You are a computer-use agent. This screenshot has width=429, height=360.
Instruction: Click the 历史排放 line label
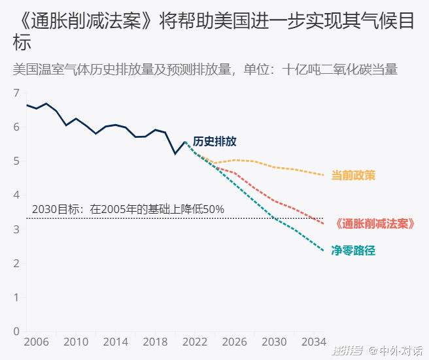tap(214, 142)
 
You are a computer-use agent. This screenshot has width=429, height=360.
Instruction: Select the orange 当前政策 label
tap(353, 175)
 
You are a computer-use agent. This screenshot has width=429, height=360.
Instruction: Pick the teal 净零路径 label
tap(353, 250)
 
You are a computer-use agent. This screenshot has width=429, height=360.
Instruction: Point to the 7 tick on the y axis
tap(16, 93)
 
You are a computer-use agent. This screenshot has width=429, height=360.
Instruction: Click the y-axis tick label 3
tap(16, 229)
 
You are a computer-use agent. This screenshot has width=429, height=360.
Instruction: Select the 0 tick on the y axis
tap(16, 331)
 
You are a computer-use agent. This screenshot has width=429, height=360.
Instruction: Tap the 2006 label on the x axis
tap(37, 342)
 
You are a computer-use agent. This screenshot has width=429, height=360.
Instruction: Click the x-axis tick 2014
tap(116, 342)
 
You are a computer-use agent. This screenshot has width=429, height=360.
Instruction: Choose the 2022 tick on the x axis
tap(195, 342)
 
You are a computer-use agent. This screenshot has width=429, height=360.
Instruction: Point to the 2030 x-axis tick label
tap(274, 342)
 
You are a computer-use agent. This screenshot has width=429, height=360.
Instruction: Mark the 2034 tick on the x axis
tap(313, 342)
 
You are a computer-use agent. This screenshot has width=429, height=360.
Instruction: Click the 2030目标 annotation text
tap(128, 210)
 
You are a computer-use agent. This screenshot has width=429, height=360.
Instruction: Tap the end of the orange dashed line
tap(323, 175)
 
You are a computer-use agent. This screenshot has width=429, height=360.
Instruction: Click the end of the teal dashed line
tap(323, 250)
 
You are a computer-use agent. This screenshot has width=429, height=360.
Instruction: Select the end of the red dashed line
tap(323, 223)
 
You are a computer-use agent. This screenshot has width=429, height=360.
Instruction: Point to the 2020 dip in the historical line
tap(175, 154)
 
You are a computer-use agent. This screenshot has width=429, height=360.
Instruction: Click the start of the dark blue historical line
tap(27, 105)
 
